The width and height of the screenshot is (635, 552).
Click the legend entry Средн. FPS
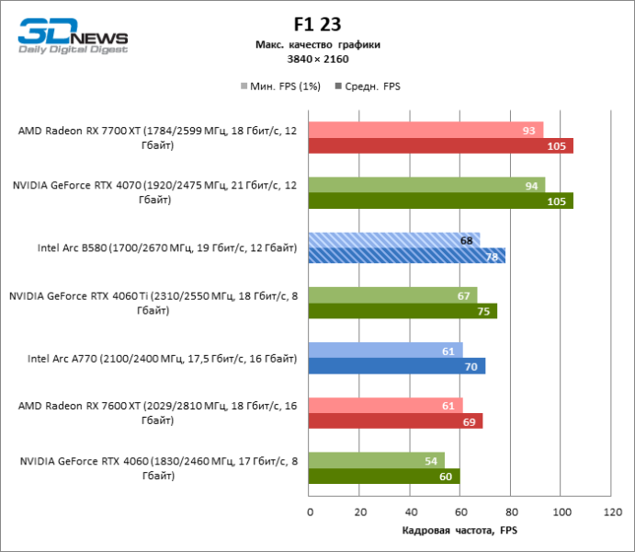(370, 86)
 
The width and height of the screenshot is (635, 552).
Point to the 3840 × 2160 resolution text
(317, 59)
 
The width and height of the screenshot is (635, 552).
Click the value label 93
(528, 130)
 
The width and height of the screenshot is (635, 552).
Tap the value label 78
(492, 257)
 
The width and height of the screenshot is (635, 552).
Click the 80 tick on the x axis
(510, 511)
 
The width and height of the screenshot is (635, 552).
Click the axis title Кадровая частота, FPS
(460, 531)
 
